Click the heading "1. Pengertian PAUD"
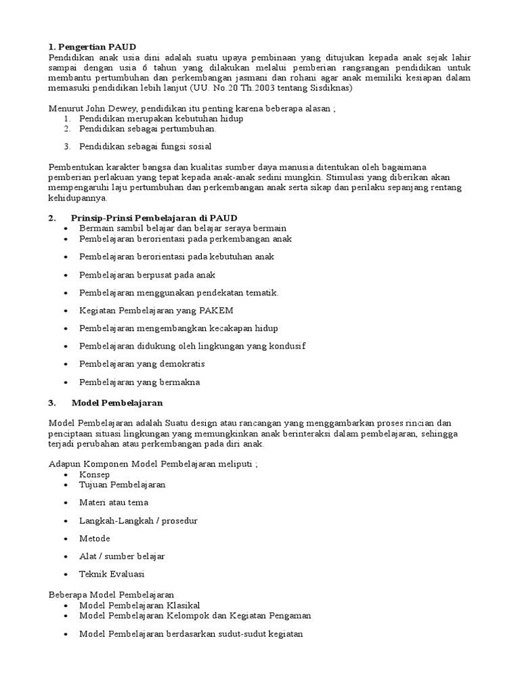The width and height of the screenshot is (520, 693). coord(92,47)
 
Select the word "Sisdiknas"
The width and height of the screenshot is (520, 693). coord(332,88)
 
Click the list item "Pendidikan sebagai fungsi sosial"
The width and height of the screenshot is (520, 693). coord(145,146)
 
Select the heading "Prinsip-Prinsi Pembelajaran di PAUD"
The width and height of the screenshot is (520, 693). coord(154,218)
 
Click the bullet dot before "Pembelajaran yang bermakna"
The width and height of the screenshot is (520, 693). coord(65,382)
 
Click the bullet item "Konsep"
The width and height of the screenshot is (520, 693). coord(94,475)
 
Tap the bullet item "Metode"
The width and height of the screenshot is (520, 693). coord(94,539)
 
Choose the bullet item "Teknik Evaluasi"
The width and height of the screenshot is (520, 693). coord(112,574)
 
